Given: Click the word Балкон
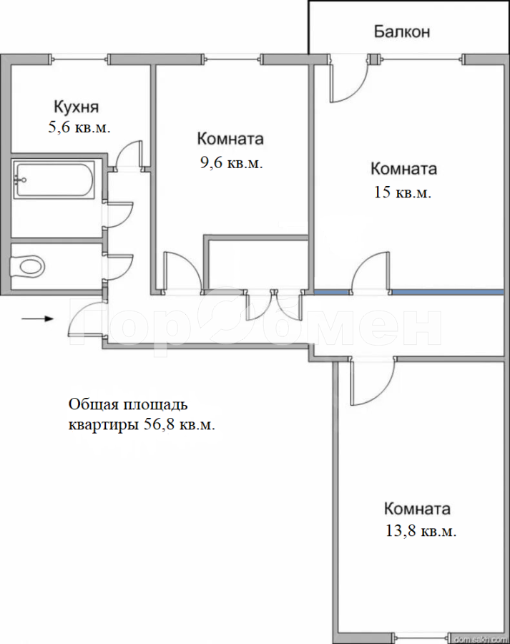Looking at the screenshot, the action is coord(401,31).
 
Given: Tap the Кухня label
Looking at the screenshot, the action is coord(77,107).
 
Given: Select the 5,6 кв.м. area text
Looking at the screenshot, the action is coord(79,127).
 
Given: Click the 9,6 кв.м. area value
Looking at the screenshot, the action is coord(231,163).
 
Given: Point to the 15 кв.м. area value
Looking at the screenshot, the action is coord(403,192).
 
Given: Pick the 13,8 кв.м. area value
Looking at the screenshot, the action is coord(421,531).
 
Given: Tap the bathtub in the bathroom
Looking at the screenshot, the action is coord(54,180).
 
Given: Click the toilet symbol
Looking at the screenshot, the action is coord(27,267).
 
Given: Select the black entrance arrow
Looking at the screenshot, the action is coord(37,318).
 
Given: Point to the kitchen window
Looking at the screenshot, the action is coord(79,59).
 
